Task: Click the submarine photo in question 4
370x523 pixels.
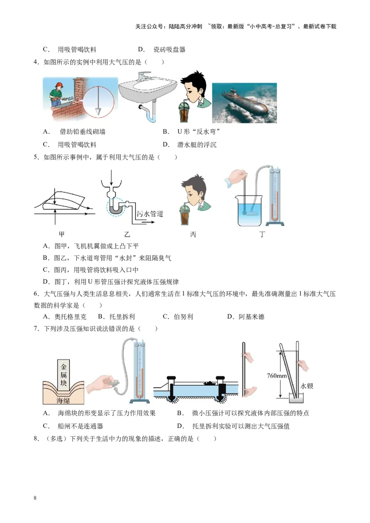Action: click(x=244, y=103)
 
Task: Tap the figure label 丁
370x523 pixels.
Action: click(x=262, y=234)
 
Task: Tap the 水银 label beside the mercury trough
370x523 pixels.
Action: click(x=307, y=385)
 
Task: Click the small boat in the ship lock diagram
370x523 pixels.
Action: click(x=209, y=383)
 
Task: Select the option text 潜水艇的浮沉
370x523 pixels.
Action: click(x=197, y=145)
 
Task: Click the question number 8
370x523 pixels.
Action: click(x=36, y=438)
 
